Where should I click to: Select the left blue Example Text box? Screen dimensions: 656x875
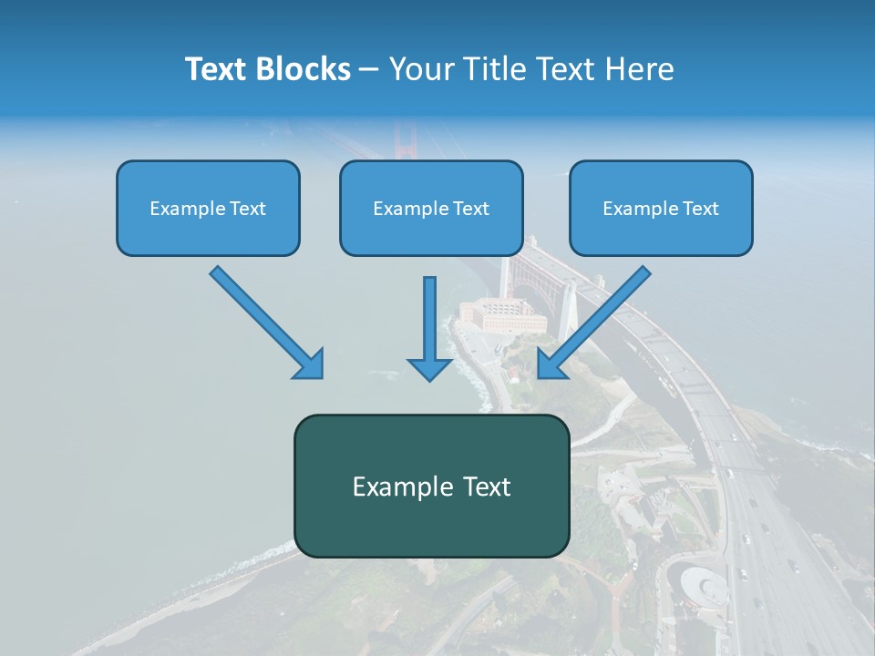208,208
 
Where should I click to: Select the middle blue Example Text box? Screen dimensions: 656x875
431,208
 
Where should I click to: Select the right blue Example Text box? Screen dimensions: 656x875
661,208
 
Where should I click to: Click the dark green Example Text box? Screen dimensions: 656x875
431,486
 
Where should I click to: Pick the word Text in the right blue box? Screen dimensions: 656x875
701,209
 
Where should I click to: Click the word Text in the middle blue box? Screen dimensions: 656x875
471,209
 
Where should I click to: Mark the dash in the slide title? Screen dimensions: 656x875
369,69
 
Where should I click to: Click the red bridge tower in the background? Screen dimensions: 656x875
402,141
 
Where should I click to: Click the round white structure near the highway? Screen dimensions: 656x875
700,583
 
